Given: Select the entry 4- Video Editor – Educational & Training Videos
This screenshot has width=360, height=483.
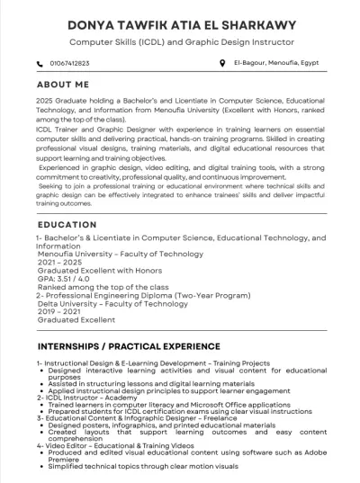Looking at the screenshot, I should pos(127,444).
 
